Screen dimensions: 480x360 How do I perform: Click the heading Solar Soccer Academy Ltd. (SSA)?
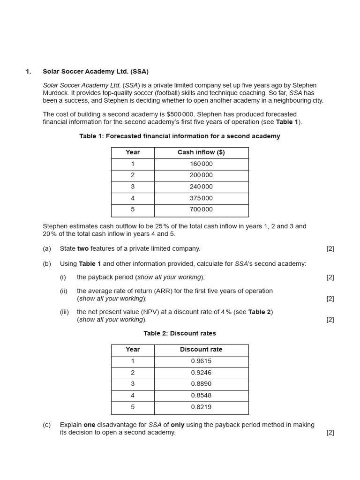(x=96, y=72)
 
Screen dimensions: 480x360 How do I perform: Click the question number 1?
(x=28, y=72)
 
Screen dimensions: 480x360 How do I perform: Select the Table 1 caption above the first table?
(x=180, y=136)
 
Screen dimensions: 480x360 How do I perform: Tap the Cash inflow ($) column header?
(x=201, y=152)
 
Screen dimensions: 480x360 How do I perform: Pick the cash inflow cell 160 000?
(x=201, y=164)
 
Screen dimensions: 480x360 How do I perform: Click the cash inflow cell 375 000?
(x=201, y=198)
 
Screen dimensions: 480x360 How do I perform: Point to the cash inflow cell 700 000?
(x=201, y=210)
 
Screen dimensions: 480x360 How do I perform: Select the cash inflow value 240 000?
(x=201, y=187)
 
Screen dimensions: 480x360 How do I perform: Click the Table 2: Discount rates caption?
(x=180, y=334)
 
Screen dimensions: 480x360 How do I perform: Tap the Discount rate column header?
(x=201, y=350)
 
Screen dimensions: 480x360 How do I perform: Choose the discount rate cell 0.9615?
(x=201, y=361)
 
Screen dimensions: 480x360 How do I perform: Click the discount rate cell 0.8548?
(x=201, y=396)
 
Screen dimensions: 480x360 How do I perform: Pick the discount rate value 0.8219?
(x=201, y=407)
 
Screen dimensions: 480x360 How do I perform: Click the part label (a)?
(x=47, y=249)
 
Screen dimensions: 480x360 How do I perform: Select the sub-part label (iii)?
(x=64, y=312)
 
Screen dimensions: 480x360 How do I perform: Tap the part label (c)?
(x=47, y=425)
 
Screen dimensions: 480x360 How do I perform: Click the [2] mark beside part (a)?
(x=330, y=249)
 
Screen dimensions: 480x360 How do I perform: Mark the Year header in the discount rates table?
(x=133, y=350)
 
